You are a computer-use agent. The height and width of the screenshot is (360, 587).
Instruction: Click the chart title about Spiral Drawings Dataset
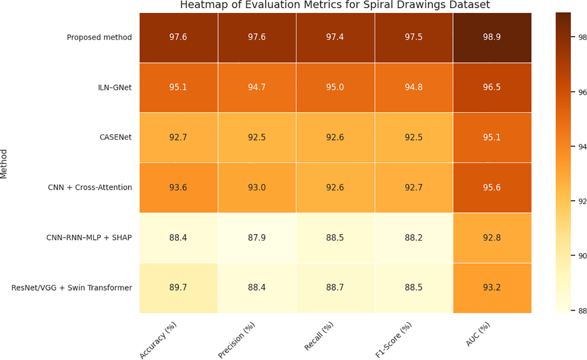click(335, 5)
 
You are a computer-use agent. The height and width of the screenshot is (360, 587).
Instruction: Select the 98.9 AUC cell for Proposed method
click(492, 37)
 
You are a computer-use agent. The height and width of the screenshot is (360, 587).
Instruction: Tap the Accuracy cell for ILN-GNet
click(178, 87)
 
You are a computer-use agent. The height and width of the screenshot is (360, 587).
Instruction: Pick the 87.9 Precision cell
click(257, 238)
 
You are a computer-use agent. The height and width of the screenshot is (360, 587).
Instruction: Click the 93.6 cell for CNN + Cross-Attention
click(178, 188)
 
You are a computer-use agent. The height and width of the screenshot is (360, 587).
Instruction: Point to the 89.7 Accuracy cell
click(178, 288)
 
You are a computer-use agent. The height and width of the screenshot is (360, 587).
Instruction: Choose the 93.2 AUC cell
click(492, 288)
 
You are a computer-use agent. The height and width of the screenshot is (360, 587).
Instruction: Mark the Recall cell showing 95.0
click(335, 87)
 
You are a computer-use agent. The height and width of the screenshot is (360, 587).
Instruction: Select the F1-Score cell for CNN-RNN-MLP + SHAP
click(414, 238)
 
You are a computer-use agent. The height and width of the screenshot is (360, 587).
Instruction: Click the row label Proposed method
click(99, 37)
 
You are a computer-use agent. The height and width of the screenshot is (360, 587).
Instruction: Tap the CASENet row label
click(116, 137)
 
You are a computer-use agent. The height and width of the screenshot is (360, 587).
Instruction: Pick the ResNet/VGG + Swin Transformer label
click(72, 288)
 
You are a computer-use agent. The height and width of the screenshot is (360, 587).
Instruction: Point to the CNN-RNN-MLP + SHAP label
click(89, 238)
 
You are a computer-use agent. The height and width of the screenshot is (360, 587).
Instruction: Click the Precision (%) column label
click(237, 340)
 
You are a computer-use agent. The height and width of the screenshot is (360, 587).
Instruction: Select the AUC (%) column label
click(478, 334)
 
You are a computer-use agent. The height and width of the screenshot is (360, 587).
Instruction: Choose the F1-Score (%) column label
click(394, 340)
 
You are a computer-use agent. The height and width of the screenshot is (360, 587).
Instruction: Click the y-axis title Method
click(4, 164)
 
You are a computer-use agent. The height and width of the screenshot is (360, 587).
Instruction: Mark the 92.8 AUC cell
click(492, 238)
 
